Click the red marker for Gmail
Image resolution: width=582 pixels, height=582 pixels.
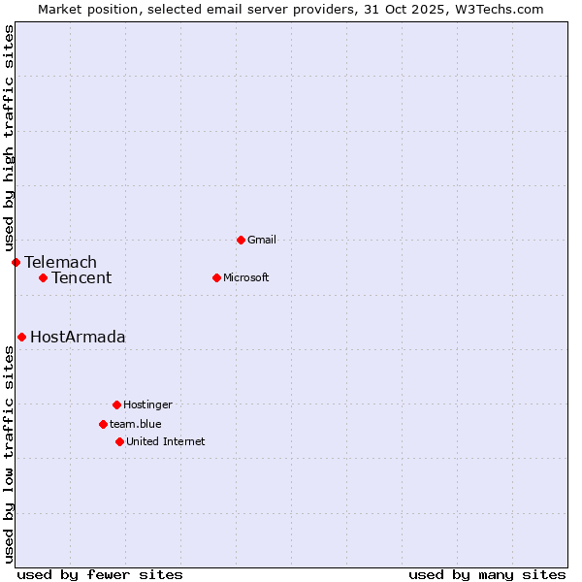(x=241, y=240)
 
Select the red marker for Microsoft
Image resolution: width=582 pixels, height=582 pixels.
(x=216, y=277)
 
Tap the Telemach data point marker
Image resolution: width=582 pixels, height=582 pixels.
(x=16, y=262)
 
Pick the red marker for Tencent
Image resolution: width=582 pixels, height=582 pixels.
(x=43, y=277)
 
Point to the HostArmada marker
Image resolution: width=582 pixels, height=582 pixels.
(x=21, y=337)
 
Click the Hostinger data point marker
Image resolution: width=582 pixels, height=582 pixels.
(x=116, y=404)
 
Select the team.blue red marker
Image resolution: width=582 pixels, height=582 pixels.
(x=103, y=424)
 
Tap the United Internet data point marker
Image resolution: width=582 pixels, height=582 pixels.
(x=119, y=441)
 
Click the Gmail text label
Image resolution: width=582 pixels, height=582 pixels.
(x=262, y=240)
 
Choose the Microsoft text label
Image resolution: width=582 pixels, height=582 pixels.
(x=246, y=277)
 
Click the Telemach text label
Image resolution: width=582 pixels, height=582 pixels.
(x=60, y=262)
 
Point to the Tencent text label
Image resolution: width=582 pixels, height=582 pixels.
(x=81, y=277)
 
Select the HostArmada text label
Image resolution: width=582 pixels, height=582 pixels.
(x=78, y=337)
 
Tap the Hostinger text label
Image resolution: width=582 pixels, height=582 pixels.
(x=147, y=404)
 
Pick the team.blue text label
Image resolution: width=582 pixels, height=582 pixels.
(x=136, y=424)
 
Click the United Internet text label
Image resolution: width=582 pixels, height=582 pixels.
(x=166, y=441)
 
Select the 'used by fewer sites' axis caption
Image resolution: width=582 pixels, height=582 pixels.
(x=100, y=574)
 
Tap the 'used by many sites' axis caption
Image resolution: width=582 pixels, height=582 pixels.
(x=487, y=574)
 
